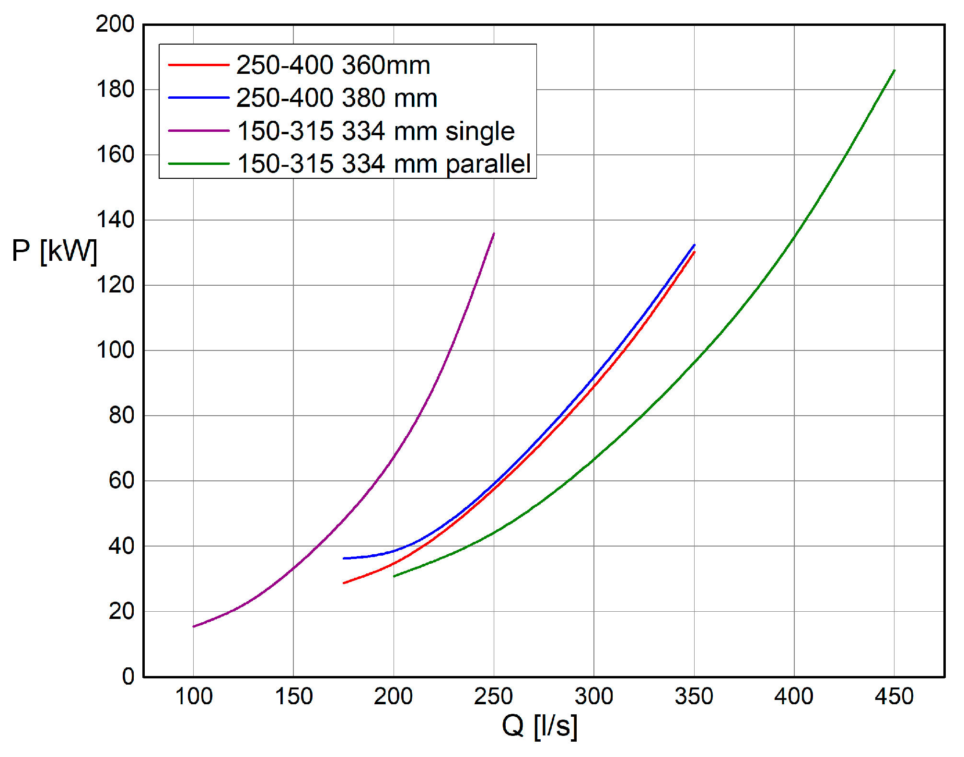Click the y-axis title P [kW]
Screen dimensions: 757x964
pyautogui.click(x=54, y=251)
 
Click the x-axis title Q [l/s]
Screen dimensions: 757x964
pyautogui.click(x=539, y=726)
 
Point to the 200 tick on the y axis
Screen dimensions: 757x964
pyautogui.click(x=115, y=24)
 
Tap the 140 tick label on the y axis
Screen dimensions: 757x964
pyautogui.click(x=115, y=220)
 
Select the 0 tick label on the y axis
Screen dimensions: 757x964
pyautogui.click(x=128, y=676)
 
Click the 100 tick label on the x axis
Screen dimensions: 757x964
pyautogui.click(x=194, y=697)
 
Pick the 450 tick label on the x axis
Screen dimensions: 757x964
pyautogui.click(x=894, y=697)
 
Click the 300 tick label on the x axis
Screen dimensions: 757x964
pyautogui.click(x=594, y=697)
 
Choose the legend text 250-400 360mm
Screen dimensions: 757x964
pyautogui.click(x=333, y=65)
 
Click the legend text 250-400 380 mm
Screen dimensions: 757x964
pyautogui.click(x=337, y=98)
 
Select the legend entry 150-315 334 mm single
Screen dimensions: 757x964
pyautogui.click(x=376, y=131)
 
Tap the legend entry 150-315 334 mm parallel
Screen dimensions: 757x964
pyautogui.click(x=383, y=163)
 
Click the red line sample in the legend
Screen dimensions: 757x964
pyautogui.click(x=198, y=65)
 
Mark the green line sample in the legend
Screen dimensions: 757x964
pyautogui.click(x=198, y=163)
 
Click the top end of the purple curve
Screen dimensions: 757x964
pyautogui.click(x=494, y=233)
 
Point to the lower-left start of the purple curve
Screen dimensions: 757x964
pyautogui.click(x=194, y=626)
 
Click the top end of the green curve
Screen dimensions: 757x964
pyautogui.click(x=894, y=70)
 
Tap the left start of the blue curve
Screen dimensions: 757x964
pyautogui.click(x=344, y=558)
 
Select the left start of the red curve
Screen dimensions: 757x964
pyautogui.click(x=344, y=583)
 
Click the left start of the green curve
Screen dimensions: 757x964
pyautogui.click(x=394, y=576)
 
